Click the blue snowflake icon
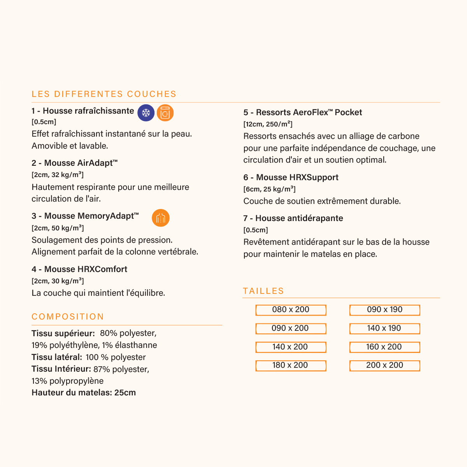click(146, 113)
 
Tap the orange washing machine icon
click(165, 113)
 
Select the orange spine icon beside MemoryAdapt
click(161, 218)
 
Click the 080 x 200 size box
click(291, 310)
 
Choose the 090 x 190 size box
click(384, 310)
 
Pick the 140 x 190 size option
click(384, 328)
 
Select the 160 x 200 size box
click(384, 347)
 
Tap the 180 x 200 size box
click(291, 365)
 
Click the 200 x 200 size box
click(384, 365)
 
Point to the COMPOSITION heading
click(68, 317)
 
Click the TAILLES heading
click(263, 291)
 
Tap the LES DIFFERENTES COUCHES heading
click(104, 94)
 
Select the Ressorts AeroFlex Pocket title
click(302, 112)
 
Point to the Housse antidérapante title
click(293, 218)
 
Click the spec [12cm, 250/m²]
click(268, 124)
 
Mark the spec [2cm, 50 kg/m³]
click(58, 228)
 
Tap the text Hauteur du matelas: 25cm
click(84, 393)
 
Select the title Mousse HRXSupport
click(291, 177)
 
